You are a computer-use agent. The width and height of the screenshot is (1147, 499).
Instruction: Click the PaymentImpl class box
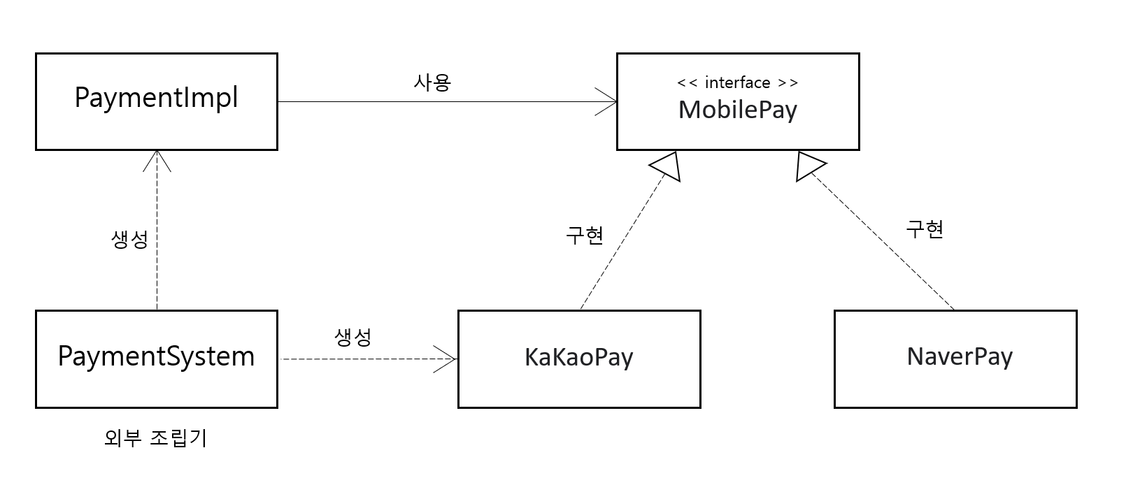tap(156, 101)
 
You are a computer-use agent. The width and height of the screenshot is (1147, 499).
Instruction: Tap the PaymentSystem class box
tap(156, 359)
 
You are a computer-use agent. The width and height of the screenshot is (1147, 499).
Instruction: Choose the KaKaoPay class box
tap(578, 359)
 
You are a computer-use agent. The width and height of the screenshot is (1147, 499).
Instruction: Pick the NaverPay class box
tap(955, 359)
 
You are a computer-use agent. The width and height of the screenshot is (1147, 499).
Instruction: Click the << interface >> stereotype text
tap(737, 82)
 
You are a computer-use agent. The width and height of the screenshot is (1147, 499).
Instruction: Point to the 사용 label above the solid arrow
tap(432, 82)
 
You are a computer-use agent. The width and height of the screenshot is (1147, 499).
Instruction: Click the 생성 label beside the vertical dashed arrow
tap(129, 240)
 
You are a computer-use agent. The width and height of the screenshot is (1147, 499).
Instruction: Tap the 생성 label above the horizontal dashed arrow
tap(353, 338)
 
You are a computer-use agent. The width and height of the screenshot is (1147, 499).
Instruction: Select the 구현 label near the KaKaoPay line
tap(584, 235)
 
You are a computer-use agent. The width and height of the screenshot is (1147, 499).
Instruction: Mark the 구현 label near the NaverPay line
tap(925, 229)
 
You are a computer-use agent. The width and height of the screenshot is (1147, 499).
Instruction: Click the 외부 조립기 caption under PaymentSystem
tap(155, 438)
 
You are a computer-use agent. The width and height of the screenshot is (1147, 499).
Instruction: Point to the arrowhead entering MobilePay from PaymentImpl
tap(607, 102)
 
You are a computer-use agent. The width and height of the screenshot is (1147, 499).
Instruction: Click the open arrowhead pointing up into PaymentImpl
tap(157, 160)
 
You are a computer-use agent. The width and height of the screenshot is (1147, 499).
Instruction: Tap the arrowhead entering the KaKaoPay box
tap(448, 359)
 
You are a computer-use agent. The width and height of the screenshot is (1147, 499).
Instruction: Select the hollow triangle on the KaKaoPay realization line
tap(667, 166)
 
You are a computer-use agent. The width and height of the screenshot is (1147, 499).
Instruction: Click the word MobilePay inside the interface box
tap(737, 110)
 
